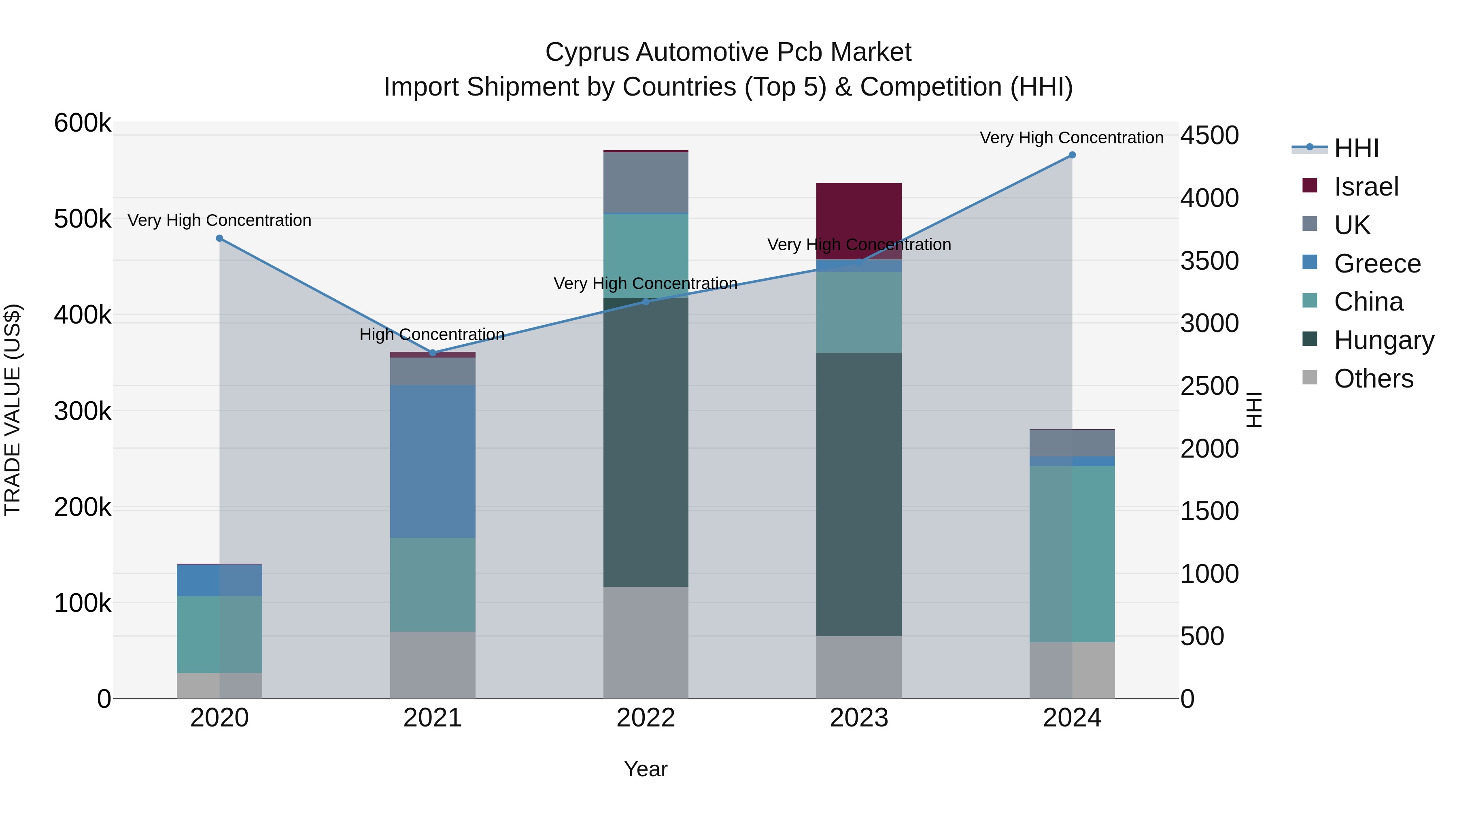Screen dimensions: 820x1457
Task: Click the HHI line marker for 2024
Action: click(x=1072, y=155)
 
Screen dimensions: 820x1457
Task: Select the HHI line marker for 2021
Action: click(x=433, y=353)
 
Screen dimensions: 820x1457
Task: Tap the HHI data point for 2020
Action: click(x=219, y=238)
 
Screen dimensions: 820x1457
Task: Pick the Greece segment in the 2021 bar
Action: click(x=433, y=461)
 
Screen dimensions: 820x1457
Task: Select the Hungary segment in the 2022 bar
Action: click(x=646, y=442)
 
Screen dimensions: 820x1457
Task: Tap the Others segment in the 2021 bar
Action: click(x=433, y=665)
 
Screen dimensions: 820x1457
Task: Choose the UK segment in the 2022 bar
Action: click(x=646, y=182)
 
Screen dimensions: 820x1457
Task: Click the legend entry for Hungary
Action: click(x=1383, y=340)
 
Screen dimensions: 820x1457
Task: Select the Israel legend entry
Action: click(x=1366, y=187)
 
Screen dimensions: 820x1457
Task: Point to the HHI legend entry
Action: click(x=1356, y=148)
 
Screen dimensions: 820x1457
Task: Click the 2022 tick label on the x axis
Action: click(x=646, y=718)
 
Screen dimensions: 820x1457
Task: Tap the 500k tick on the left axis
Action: click(x=83, y=219)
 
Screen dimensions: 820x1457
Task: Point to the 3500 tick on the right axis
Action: click(x=1209, y=261)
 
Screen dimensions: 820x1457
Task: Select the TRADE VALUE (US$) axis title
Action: click(x=13, y=410)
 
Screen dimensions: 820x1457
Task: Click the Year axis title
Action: click(x=646, y=769)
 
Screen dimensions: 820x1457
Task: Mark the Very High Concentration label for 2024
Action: click(x=1071, y=138)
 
